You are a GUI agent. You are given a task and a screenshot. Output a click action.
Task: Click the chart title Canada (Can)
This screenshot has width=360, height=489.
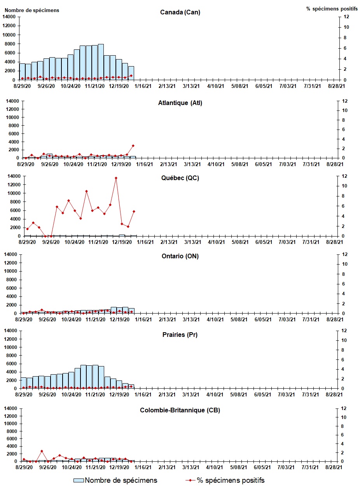(180, 12)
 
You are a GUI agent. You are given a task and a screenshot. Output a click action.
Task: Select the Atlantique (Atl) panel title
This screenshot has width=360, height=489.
(180, 103)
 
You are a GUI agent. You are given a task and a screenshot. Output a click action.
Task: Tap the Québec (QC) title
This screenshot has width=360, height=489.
(180, 178)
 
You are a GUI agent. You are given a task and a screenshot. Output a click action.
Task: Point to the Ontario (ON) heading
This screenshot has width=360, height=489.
(180, 256)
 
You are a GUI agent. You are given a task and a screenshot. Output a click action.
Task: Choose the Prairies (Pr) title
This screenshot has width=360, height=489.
(180, 335)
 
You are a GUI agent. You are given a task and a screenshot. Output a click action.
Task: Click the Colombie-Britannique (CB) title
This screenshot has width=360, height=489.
(180, 410)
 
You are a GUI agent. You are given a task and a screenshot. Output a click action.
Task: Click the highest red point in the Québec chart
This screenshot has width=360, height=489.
(116, 178)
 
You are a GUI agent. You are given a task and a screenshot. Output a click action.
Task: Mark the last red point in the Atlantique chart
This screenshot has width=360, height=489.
(133, 146)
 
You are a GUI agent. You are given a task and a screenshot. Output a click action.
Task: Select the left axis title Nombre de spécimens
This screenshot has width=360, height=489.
(32, 10)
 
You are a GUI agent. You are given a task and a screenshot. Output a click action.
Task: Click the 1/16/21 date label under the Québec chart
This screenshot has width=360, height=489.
(145, 242)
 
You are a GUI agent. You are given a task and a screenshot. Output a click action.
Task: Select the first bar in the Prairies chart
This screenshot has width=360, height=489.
(24, 383)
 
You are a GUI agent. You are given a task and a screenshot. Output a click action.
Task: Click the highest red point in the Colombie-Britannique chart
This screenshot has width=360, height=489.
(42, 451)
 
